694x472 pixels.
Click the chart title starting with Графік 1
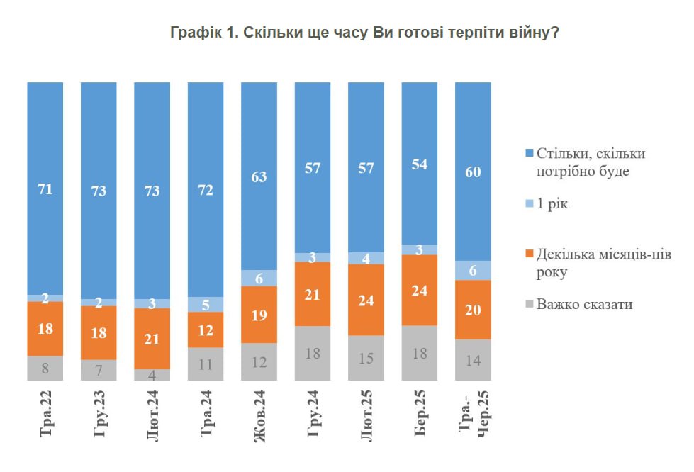[x=364, y=33]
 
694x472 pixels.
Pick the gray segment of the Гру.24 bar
[x=313, y=353]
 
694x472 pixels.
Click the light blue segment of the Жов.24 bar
[x=259, y=279]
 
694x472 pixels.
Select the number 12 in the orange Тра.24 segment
[x=206, y=330]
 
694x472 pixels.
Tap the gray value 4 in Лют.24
[x=152, y=376]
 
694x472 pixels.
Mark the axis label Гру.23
[x=99, y=418]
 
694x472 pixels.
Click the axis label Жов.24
[x=259, y=418]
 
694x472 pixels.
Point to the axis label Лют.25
[x=366, y=418]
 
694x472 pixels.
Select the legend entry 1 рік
[x=552, y=204]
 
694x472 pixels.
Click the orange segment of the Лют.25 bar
[x=366, y=300]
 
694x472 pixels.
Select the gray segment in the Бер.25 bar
[x=420, y=353]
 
